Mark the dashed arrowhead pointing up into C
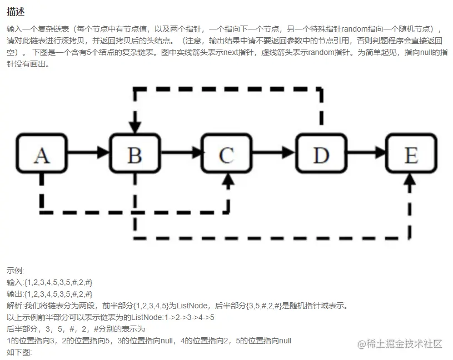228,179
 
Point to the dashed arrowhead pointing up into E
411,179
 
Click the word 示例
15,271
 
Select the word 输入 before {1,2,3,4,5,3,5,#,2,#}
14,282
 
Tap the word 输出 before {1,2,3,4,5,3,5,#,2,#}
14,294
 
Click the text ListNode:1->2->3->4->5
173,317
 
